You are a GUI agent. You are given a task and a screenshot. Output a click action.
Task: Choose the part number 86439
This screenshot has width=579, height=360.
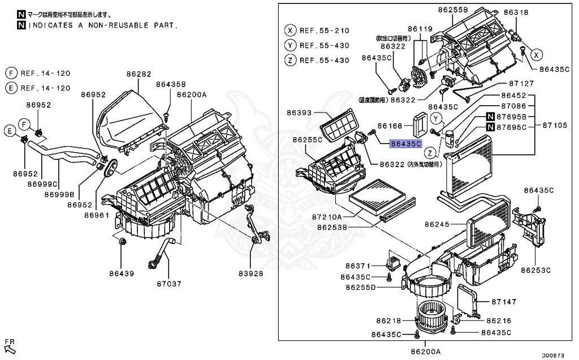coord(122,274)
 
